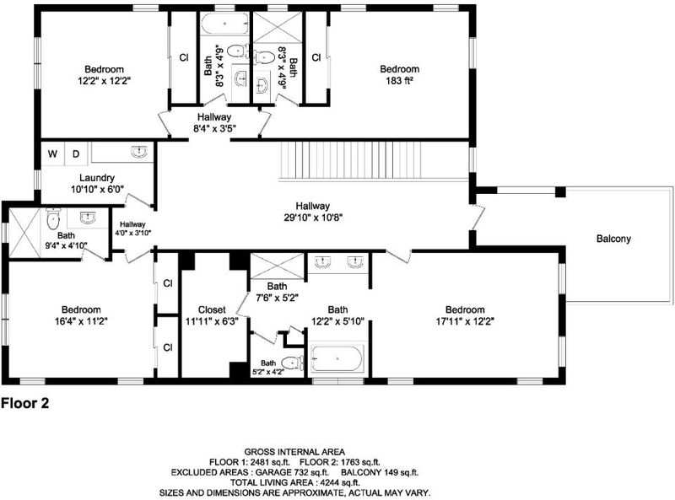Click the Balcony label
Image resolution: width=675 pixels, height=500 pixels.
(613, 239)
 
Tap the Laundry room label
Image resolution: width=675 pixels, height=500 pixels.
(97, 178)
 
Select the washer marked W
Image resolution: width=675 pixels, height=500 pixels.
(52, 153)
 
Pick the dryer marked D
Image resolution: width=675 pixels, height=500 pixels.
(76, 153)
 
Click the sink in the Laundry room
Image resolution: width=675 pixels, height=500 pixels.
(139, 152)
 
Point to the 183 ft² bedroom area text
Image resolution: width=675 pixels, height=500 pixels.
(399, 80)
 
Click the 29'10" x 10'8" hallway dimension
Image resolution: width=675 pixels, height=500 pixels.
(313, 218)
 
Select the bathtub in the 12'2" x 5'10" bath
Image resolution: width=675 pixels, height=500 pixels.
(337, 358)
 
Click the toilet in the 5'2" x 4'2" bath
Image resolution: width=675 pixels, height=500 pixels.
(293, 363)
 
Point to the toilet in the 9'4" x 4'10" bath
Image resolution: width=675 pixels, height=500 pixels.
(53, 219)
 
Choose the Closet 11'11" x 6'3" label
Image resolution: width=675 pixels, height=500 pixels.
(212, 315)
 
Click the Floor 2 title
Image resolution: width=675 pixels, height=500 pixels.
(25, 403)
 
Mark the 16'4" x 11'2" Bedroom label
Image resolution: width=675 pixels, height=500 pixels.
(81, 315)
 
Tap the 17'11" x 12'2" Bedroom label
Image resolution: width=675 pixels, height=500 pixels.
(465, 315)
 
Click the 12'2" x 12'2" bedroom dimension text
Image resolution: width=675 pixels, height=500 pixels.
(104, 81)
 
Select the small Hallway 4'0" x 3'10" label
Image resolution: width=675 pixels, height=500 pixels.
(133, 228)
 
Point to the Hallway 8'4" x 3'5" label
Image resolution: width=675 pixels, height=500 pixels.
(214, 122)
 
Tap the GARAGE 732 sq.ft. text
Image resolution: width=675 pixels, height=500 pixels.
(293, 472)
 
